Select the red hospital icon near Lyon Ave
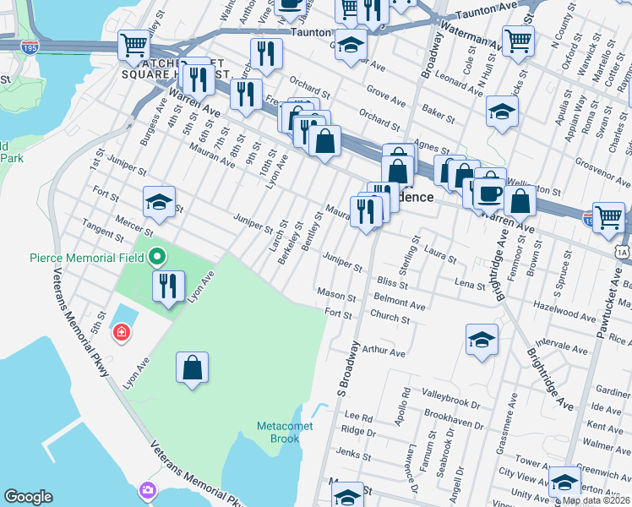click(x=123, y=334)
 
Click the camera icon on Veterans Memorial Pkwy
click(x=149, y=490)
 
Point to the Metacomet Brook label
click(x=286, y=432)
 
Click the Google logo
click(x=29, y=497)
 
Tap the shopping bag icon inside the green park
click(x=193, y=368)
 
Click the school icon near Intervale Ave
click(x=482, y=340)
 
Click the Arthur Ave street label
click(x=384, y=352)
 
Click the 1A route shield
click(x=624, y=251)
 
